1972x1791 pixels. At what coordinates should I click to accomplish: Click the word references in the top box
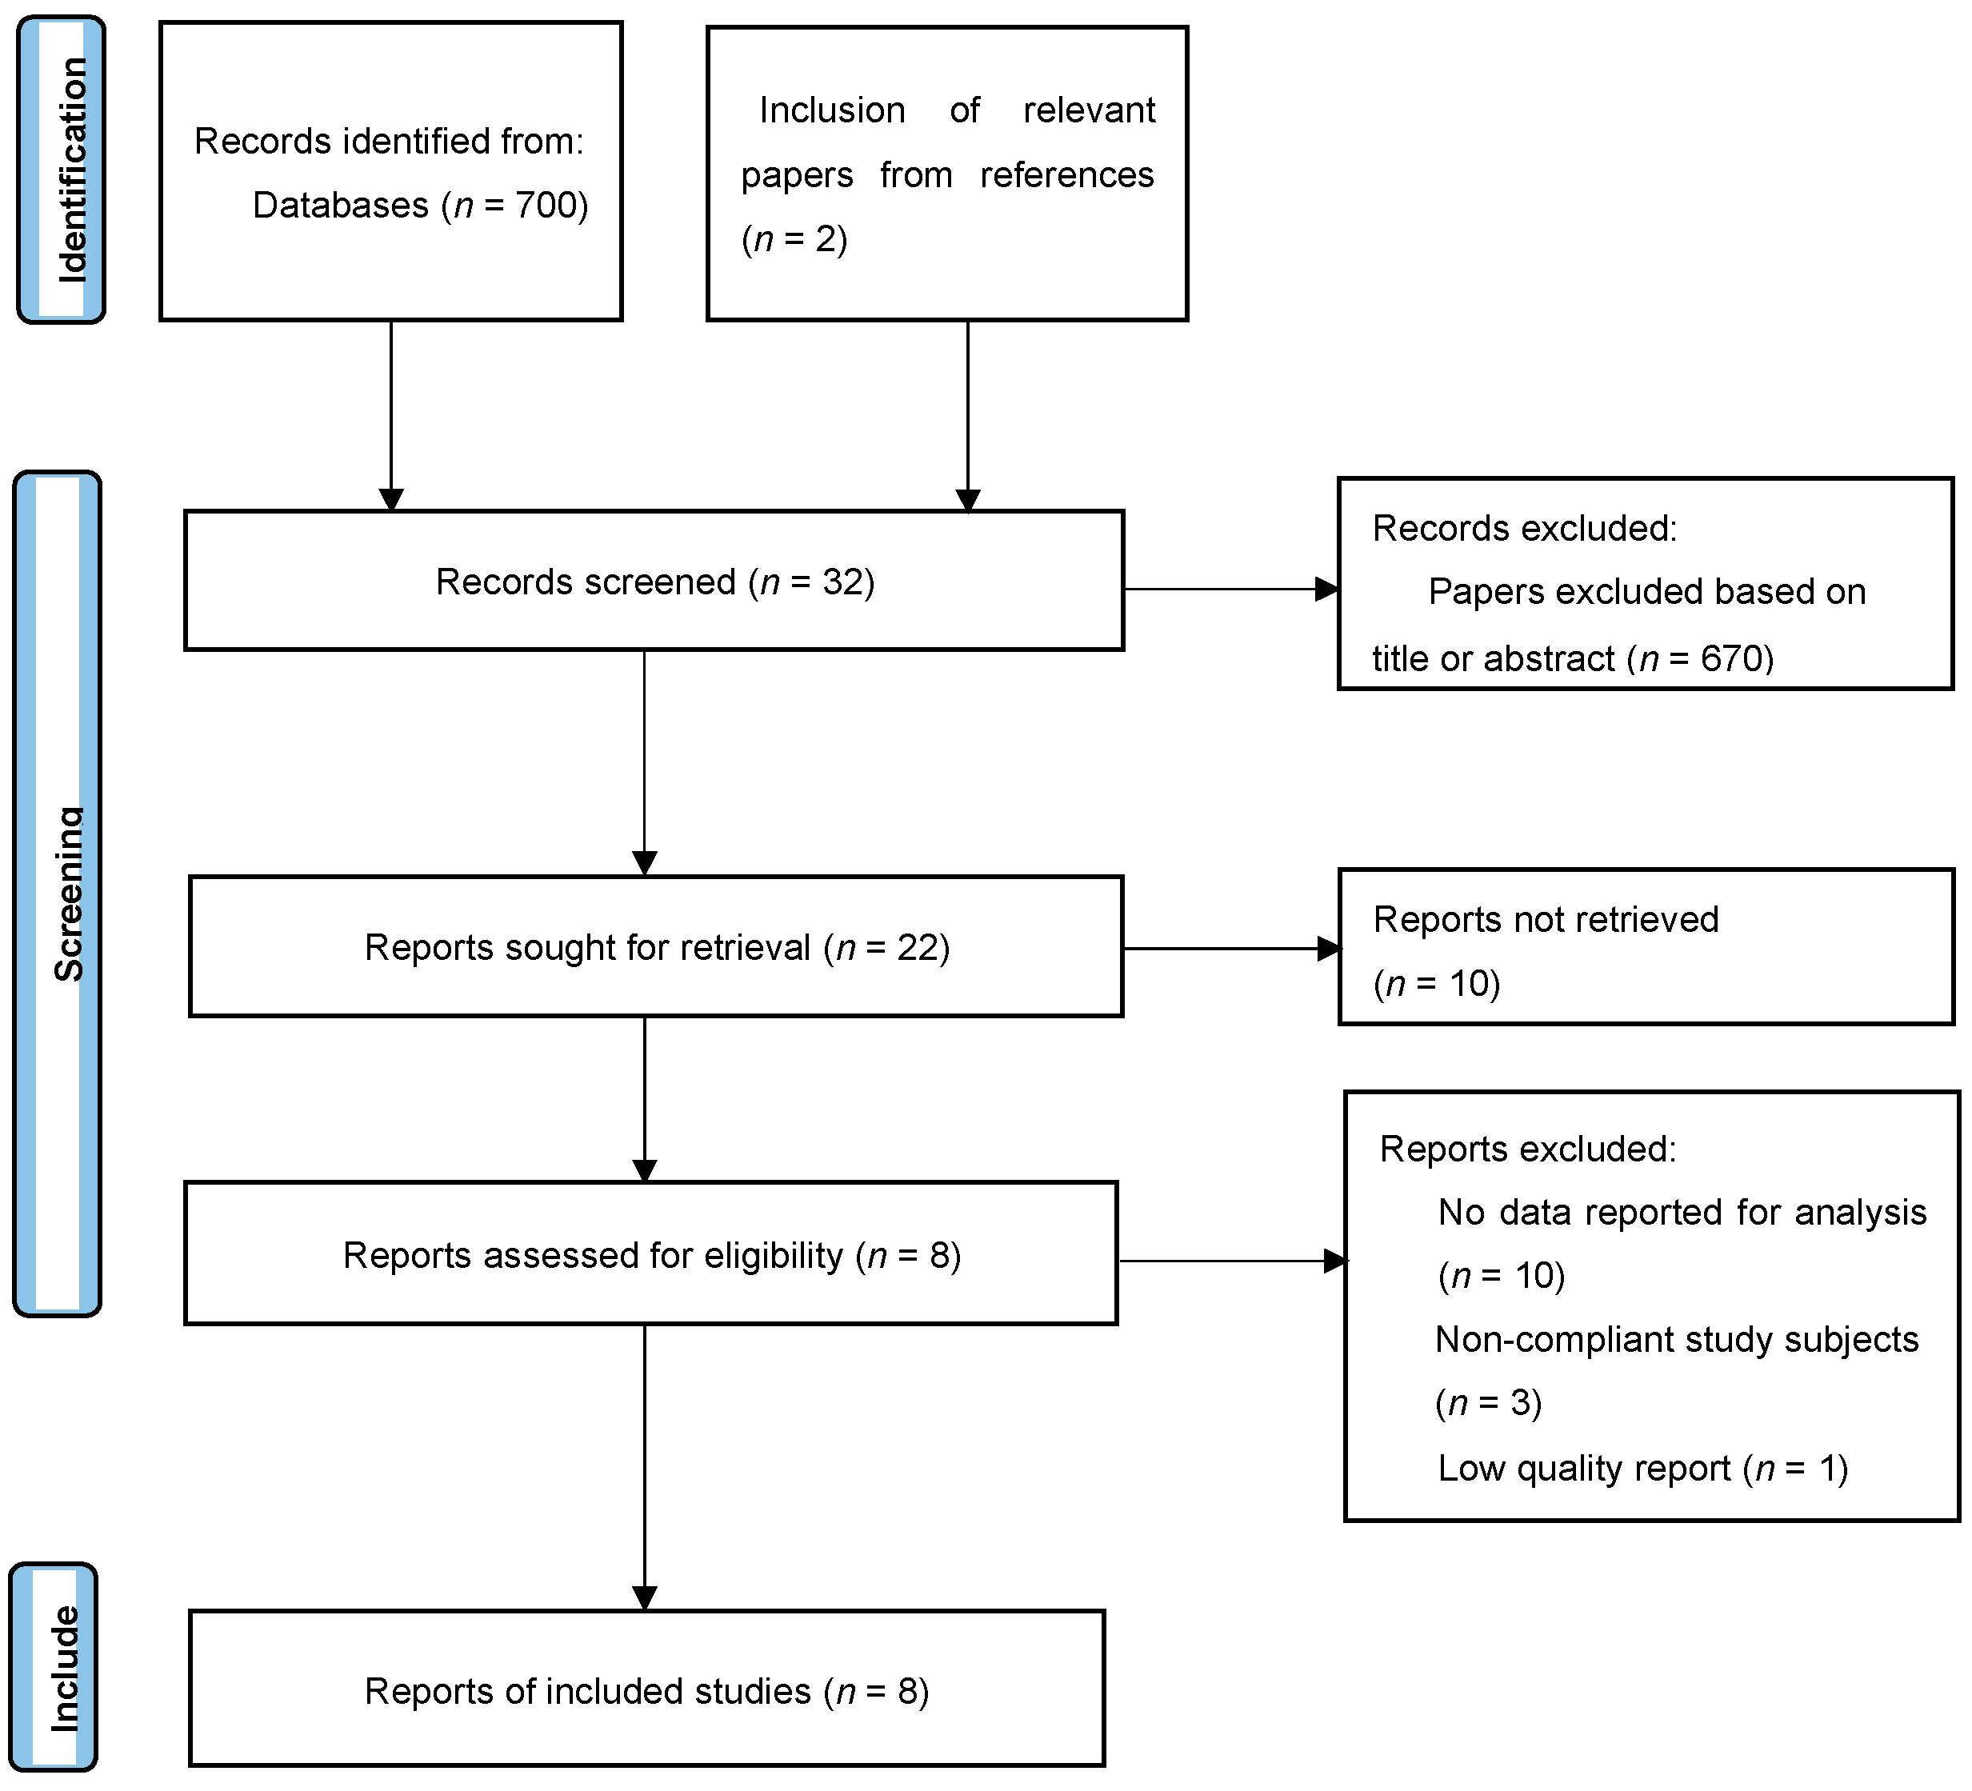coord(1066,175)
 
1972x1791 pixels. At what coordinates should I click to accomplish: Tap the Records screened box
coord(654,581)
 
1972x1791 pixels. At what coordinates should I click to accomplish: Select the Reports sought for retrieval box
coord(655,947)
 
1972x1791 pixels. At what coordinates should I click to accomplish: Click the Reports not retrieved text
coord(1545,919)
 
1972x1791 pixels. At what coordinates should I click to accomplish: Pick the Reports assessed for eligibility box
coord(650,1255)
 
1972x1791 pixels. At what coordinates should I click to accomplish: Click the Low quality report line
coord(1642,1468)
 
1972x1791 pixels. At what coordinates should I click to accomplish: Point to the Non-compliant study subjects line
coord(1676,1339)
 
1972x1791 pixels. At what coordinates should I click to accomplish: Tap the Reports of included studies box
coord(646,1691)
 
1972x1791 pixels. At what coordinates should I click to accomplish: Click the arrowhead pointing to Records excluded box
coord(1326,589)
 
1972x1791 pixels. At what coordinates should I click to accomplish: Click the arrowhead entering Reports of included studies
coord(645,1598)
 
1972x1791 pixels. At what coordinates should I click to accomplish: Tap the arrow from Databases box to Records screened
coord(391,411)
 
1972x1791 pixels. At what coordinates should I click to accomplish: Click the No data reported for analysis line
coord(1681,1213)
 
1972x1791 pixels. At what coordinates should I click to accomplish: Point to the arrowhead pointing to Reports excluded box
coord(1334,1261)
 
